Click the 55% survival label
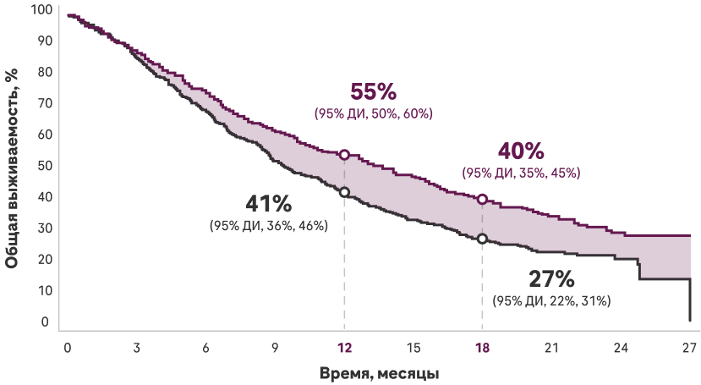373,91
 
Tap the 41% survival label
269,204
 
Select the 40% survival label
521,151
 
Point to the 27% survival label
551,279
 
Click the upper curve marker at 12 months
344,154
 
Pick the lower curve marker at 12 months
344,192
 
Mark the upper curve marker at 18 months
482,199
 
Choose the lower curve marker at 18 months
482,239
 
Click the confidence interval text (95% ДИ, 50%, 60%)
373,113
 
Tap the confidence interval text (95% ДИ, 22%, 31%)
551,301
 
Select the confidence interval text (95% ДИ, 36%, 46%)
269,226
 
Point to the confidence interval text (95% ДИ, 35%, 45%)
521,173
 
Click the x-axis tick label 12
344,348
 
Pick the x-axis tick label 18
482,348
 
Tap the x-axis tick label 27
689,348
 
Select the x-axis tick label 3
136,348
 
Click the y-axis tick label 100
41,10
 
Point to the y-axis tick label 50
44,165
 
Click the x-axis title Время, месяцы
379,372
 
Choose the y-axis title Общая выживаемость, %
11,166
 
